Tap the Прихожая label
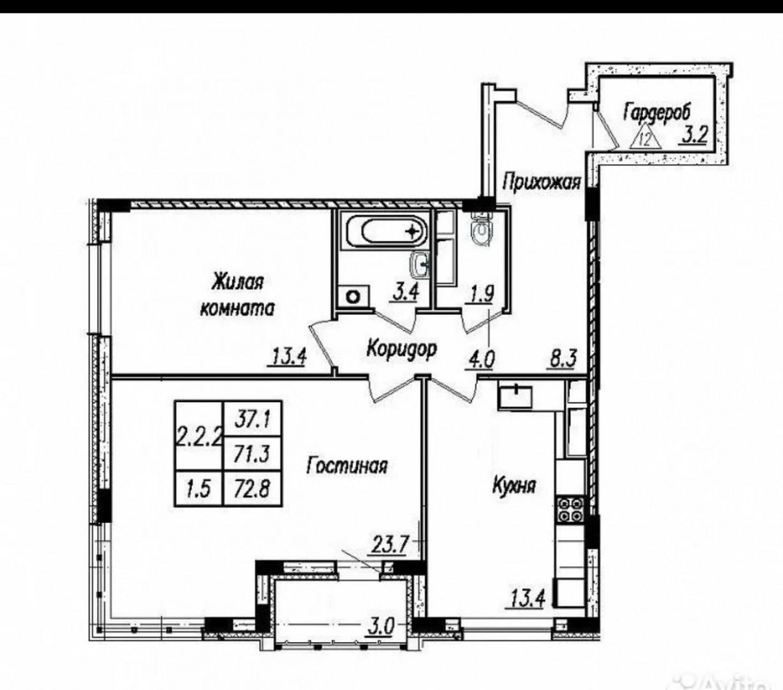542,181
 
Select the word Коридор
402,348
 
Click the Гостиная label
347,466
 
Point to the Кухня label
514,485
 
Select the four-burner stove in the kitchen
571,509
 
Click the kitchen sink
515,397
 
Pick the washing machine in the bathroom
354,297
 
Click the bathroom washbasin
420,264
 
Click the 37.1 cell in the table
253,419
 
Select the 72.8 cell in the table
253,488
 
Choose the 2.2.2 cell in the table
199,436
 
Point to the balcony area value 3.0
381,626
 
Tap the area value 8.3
561,358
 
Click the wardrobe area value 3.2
693,136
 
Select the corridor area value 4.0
480,360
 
